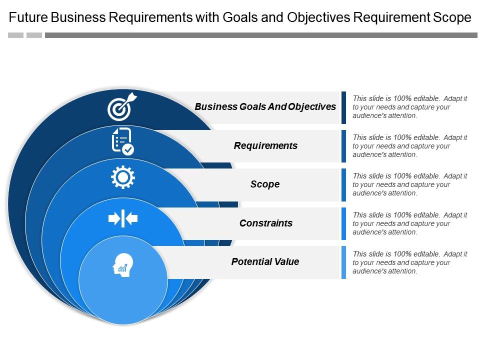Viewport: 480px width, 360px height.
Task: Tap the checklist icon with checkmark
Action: [x=122, y=141]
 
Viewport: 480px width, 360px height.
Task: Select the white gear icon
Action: [x=122, y=177]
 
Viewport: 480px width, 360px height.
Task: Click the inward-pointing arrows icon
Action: [x=122, y=218]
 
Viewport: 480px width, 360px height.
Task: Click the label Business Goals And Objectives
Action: [x=265, y=106]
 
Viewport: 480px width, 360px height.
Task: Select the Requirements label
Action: [x=265, y=145]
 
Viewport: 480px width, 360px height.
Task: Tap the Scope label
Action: [x=265, y=184]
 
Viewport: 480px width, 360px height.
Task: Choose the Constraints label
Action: [x=265, y=223]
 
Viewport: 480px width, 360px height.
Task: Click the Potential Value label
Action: [x=265, y=261]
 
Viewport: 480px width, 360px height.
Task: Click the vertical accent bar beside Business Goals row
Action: [x=343, y=107]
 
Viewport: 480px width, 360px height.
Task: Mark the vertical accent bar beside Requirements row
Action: [x=343, y=146]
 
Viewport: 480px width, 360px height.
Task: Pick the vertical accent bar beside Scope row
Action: [x=343, y=184]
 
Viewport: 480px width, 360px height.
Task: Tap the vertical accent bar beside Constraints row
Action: [x=343, y=223]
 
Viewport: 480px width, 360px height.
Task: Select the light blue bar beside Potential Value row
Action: [x=343, y=262]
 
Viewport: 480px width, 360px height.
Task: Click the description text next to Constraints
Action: [x=409, y=223]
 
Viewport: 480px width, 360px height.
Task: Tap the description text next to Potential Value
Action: [x=409, y=262]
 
